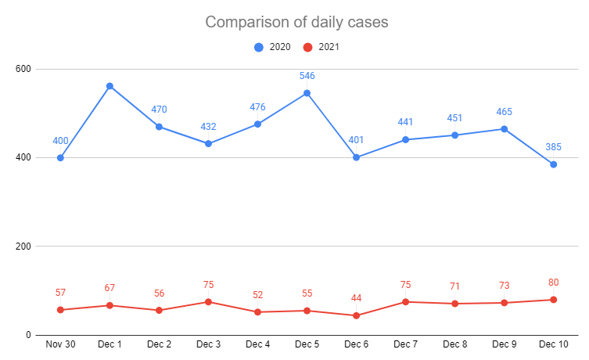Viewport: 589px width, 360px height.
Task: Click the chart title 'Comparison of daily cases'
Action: pyautogui.click(x=296, y=22)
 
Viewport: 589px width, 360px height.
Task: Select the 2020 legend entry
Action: pyautogui.click(x=273, y=47)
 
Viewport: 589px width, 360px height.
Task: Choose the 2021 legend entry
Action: pyautogui.click(x=321, y=47)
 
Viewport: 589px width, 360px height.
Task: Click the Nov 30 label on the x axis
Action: pyautogui.click(x=60, y=344)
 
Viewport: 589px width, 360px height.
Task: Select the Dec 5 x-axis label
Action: pyautogui.click(x=307, y=344)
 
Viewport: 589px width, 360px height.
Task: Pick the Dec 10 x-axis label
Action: pyautogui.click(x=553, y=344)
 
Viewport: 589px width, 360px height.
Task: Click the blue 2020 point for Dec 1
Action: pyautogui.click(x=110, y=86)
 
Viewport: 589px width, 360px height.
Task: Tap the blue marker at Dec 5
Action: pyautogui.click(x=307, y=93)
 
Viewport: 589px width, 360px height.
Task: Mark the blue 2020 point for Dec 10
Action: pyautogui.click(x=553, y=164)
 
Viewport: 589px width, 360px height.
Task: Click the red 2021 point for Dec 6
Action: pyautogui.click(x=356, y=315)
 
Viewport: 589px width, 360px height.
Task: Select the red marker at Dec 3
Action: pyautogui.click(x=208, y=302)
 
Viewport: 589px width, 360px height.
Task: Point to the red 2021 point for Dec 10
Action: pyautogui.click(x=553, y=300)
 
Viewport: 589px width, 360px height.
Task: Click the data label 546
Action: pyautogui.click(x=307, y=77)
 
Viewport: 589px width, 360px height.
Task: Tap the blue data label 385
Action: pyautogui.click(x=553, y=148)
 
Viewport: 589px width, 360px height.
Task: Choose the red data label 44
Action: pyautogui.click(x=356, y=298)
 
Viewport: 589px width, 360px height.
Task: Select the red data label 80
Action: pyautogui.click(x=553, y=283)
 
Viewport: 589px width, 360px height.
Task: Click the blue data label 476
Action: pyautogui.click(x=257, y=107)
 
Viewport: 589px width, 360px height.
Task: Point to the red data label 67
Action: pyautogui.click(x=110, y=288)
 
